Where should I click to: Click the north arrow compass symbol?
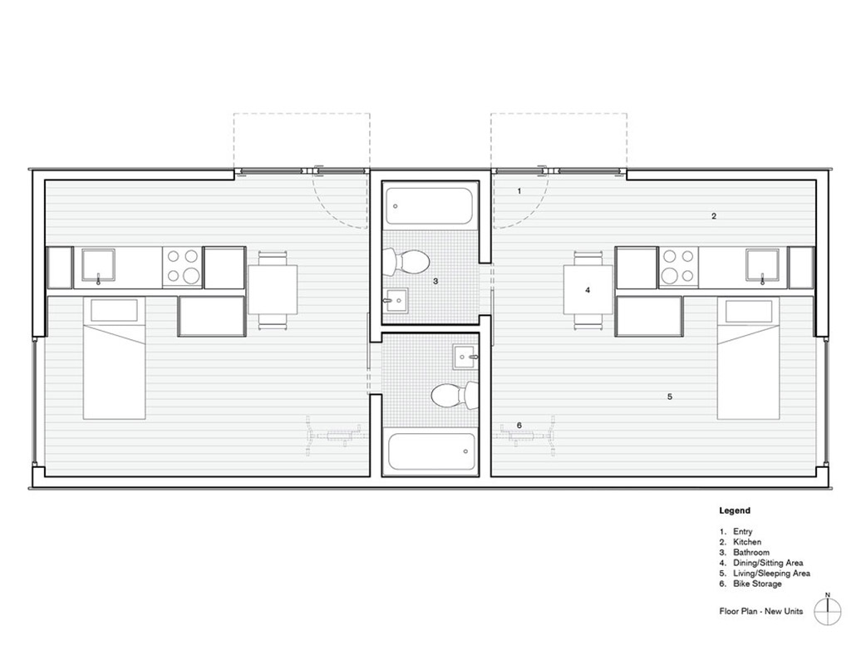coord(828,610)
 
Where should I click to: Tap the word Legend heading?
coord(735,510)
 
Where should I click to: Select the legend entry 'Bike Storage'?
coord(757,584)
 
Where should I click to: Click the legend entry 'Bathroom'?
coord(751,553)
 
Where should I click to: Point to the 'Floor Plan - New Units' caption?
coord(761,611)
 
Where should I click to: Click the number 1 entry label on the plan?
coord(519,191)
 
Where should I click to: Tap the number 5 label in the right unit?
coord(669,397)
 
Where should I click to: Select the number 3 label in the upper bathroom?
coord(435,281)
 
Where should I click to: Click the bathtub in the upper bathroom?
coord(428,206)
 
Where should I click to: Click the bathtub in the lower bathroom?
coord(431,451)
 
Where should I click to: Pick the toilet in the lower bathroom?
coord(455,396)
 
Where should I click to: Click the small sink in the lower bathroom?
coord(465,357)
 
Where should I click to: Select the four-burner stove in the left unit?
coord(183,266)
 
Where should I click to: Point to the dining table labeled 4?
coord(588,289)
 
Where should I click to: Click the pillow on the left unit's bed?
coord(114,311)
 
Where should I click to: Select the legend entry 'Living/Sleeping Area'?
coord(771,574)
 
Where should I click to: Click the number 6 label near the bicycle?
coord(519,426)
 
